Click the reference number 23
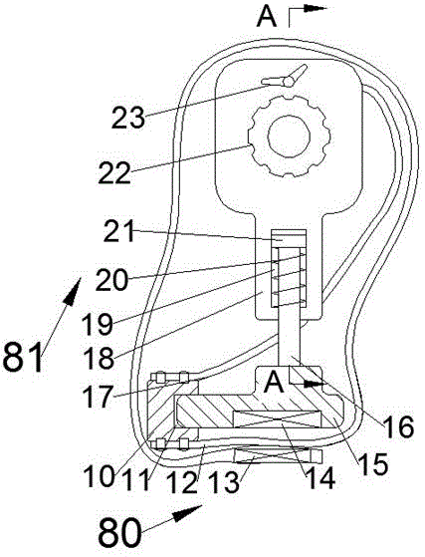128,118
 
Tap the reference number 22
114,172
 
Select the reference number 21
119,231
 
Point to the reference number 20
111,280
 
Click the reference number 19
97,324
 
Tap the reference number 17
97,397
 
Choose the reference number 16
398,426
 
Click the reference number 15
373,464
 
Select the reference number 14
319,477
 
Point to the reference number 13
224,482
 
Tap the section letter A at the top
267,16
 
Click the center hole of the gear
289,137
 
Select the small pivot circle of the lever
289,83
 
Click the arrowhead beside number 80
187,512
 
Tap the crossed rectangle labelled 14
276,419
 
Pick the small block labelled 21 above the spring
289,238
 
